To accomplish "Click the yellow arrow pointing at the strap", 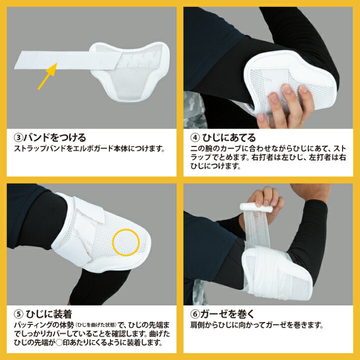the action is pos(47,76).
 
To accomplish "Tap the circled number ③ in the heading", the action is pos(18,138).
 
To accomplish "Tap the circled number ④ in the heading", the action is pos(195,138).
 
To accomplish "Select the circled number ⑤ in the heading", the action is pos(18,314).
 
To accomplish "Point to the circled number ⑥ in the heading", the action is pos(195,314).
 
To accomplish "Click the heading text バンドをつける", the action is pos(55,138).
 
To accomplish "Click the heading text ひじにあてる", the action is pos(229,138).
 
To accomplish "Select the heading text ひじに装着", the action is pos(49,314).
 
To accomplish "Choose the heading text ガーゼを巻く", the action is pos(227,314).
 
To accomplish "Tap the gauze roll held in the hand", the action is pos(256,207).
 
